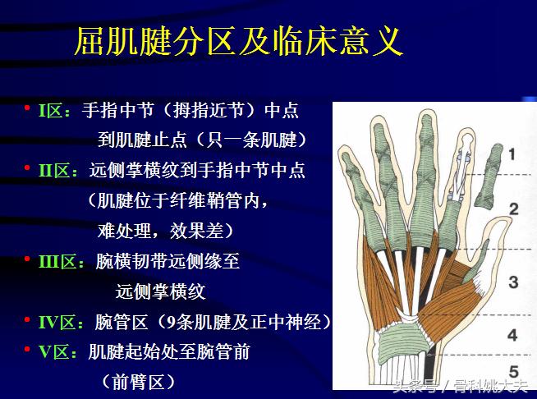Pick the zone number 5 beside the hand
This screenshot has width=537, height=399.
click(512, 370)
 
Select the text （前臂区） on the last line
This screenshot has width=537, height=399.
click(139, 382)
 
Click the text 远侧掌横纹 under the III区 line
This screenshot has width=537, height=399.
click(160, 291)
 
